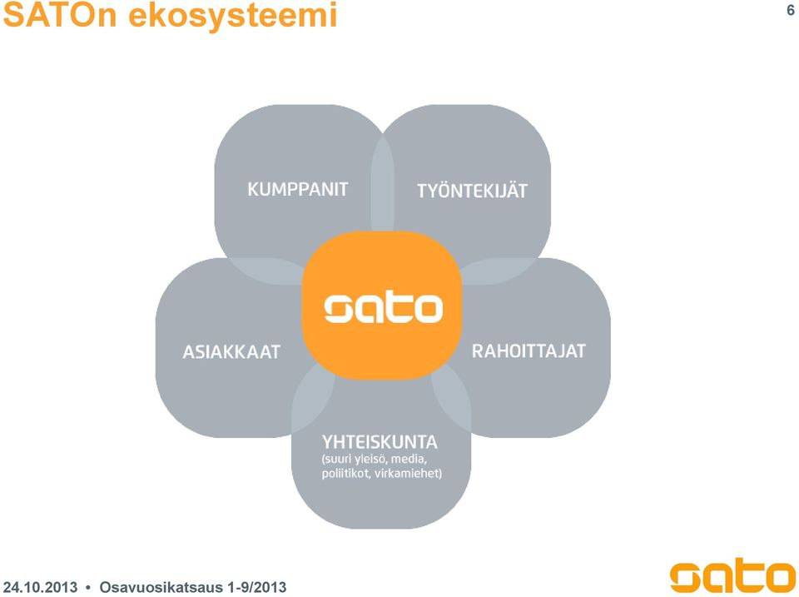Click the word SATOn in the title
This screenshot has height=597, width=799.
[x=61, y=15]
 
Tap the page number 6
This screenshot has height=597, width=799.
[x=791, y=10]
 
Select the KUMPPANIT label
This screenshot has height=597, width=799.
[x=298, y=189]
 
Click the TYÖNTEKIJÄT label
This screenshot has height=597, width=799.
[x=472, y=190]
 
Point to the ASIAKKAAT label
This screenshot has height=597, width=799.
[x=231, y=351]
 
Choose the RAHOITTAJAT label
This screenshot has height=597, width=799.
[x=529, y=351]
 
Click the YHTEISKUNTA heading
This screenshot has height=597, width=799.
[x=380, y=441]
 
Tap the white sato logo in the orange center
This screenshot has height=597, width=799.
[x=383, y=308]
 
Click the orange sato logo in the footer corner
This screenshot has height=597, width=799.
[x=732, y=575]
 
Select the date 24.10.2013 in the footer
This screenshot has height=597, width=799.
[x=40, y=587]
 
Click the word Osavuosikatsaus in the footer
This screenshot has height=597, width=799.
[x=161, y=587]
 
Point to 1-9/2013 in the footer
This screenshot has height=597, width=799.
[x=257, y=587]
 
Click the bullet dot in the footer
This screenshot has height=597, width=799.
[x=88, y=587]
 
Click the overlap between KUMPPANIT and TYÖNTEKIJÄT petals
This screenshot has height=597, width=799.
[x=382, y=183]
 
